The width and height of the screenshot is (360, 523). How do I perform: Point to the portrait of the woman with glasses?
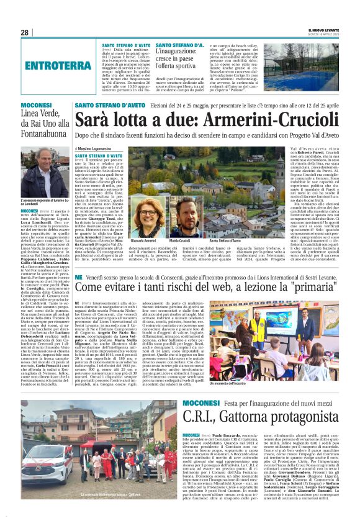tap(149, 214)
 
